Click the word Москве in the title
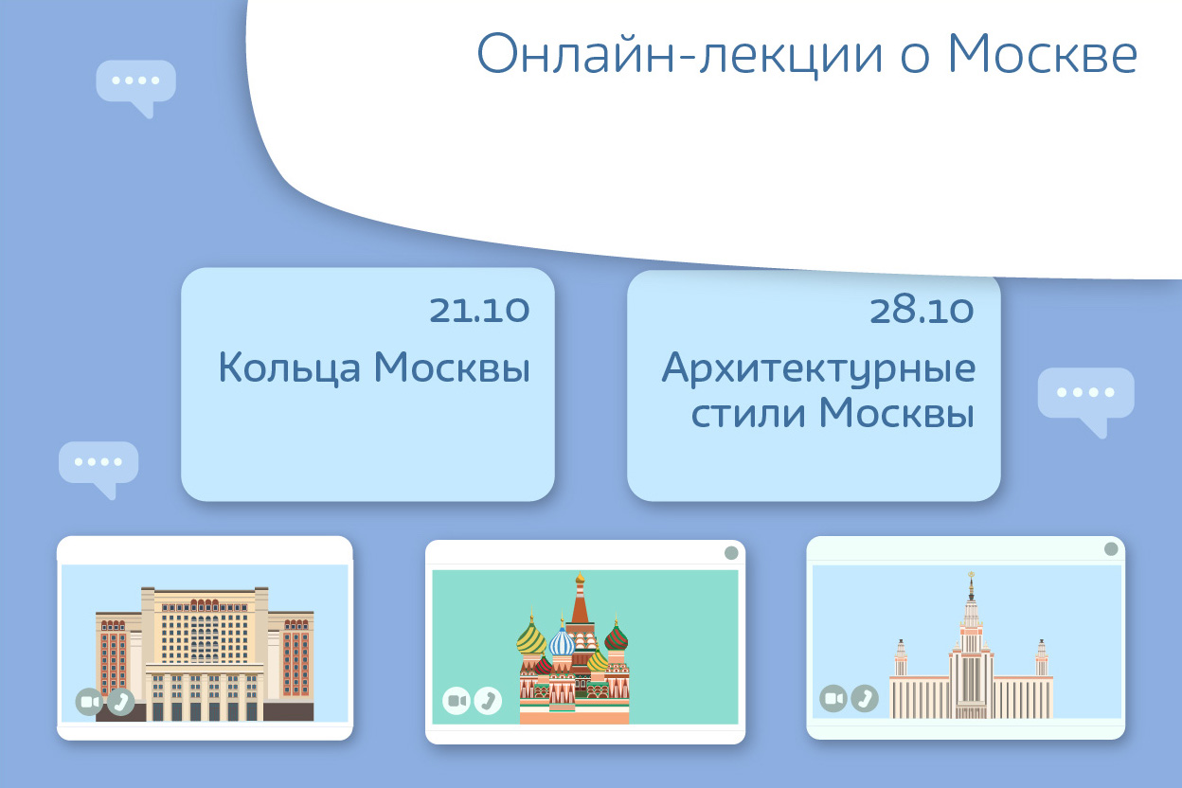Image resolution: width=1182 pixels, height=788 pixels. coord(1043,54)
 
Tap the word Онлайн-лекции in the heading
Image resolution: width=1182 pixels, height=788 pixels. coord(680,55)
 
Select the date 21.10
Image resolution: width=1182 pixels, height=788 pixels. coord(479,310)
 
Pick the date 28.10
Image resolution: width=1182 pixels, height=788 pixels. coord(922,310)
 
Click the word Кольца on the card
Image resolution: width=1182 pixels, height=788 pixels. coord(290,367)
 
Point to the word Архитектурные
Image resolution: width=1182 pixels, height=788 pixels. coord(818,368)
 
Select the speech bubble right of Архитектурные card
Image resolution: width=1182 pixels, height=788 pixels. coord(1085,400)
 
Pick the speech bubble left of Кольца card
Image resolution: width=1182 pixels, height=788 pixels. coord(98,468)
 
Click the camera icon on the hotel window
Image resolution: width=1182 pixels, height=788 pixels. coord(89,702)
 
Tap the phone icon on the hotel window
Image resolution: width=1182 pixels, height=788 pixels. coord(121,702)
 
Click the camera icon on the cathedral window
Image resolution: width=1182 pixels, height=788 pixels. coord(456,701)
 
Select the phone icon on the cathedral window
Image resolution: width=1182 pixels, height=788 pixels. coord(488,701)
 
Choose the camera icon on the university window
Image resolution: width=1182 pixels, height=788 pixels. coord(833,698)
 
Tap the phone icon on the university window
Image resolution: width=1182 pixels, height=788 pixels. coord(865,698)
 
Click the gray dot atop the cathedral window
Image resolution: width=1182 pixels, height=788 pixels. coord(731,552)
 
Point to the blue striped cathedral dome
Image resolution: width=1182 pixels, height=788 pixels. coord(562,641)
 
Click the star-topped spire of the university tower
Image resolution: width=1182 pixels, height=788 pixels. coord(971,586)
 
